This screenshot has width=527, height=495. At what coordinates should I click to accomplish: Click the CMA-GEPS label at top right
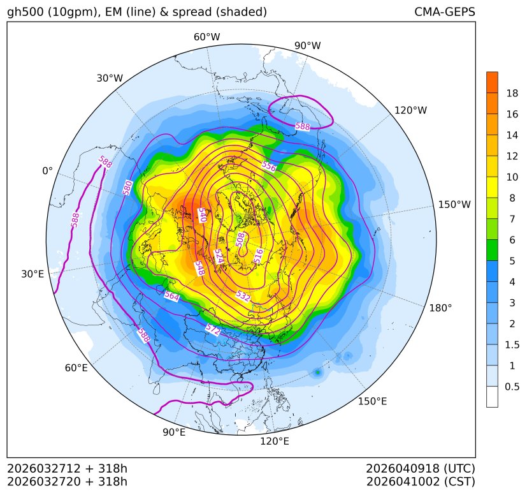pyautogui.click(x=444, y=12)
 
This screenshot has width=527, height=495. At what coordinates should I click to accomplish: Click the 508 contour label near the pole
pyautogui.click(x=240, y=239)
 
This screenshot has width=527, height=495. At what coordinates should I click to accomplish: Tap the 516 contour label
pyautogui.click(x=258, y=256)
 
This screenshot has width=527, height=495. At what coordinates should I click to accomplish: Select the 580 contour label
pyautogui.click(x=128, y=188)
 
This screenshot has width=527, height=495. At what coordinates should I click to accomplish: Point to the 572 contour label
pyautogui.click(x=213, y=329)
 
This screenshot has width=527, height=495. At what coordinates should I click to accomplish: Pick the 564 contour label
pyautogui.click(x=171, y=296)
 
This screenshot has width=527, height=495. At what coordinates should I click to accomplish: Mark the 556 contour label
pyautogui.click(x=268, y=166)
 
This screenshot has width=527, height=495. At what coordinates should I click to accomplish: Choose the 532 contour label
pyautogui.click(x=243, y=296)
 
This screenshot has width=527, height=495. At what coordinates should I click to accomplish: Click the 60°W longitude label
pyautogui.click(x=206, y=37)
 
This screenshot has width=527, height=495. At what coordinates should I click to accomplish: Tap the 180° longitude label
pyautogui.click(x=440, y=308)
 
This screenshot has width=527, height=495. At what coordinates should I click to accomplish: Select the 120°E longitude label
pyautogui.click(x=275, y=441)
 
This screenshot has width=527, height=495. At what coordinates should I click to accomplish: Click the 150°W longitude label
pyautogui.click(x=454, y=205)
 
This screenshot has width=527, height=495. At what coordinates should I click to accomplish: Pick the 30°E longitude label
pyautogui.click(x=32, y=274)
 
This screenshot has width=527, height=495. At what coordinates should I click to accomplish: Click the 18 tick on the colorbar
pyautogui.click(x=512, y=93)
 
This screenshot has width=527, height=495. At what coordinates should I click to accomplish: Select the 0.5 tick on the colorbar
pyautogui.click(x=512, y=386)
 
